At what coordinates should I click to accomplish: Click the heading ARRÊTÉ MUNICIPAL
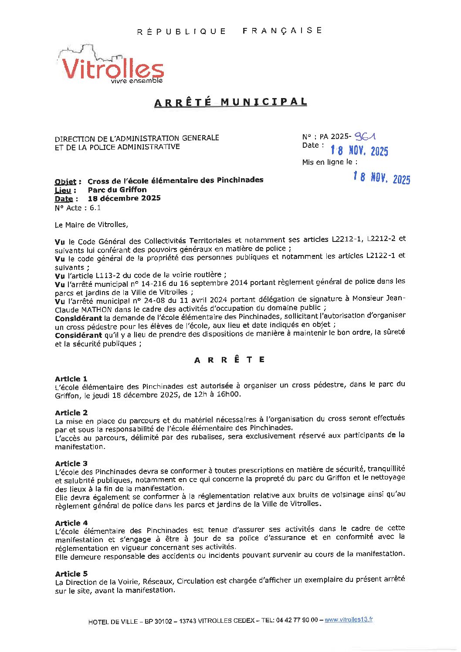click(230, 102)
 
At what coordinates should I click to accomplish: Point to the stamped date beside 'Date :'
click(359, 151)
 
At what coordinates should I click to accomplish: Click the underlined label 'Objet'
click(65, 182)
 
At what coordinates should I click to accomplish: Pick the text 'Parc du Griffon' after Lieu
click(117, 190)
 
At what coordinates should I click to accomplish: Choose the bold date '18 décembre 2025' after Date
click(124, 198)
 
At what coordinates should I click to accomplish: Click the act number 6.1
click(95, 208)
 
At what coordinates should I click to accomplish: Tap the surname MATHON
click(91, 309)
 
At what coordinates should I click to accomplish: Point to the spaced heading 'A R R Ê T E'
click(230, 360)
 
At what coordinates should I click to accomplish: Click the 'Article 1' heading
click(71, 379)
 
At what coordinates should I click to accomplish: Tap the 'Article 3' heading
click(71, 463)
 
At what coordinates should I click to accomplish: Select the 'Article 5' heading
click(71, 574)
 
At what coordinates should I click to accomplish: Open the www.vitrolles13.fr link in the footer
click(349, 620)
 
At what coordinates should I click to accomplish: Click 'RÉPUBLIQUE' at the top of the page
click(182, 31)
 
